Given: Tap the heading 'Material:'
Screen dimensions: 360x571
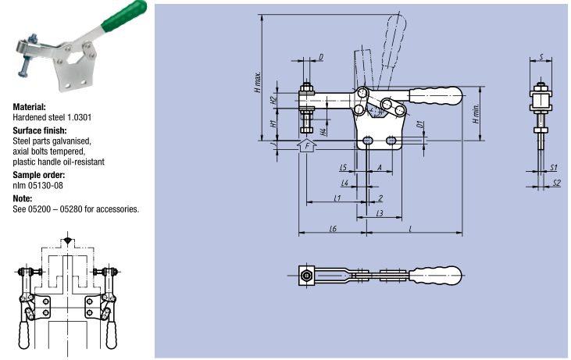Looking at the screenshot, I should pos(30,106).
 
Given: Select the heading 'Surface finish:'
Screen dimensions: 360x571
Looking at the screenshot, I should pos(40,130).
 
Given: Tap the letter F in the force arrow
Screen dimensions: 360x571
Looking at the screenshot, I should pos(308,146).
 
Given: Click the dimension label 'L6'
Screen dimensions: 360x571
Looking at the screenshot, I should pos(332,228).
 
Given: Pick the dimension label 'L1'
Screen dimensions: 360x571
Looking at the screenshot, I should pos(337,198).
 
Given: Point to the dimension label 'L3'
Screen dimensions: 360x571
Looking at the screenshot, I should pos(380,212).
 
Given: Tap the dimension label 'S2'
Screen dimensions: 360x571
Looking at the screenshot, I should pos(555,183).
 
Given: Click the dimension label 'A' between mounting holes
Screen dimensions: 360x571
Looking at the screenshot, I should pos(379,168).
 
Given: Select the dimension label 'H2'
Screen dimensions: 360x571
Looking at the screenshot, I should pos(273,100).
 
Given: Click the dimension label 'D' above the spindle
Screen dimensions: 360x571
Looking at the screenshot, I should pos(321,57).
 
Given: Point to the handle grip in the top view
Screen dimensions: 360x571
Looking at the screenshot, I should pos(437,274).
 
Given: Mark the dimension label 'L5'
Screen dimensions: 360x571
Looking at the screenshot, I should pos(344,168).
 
